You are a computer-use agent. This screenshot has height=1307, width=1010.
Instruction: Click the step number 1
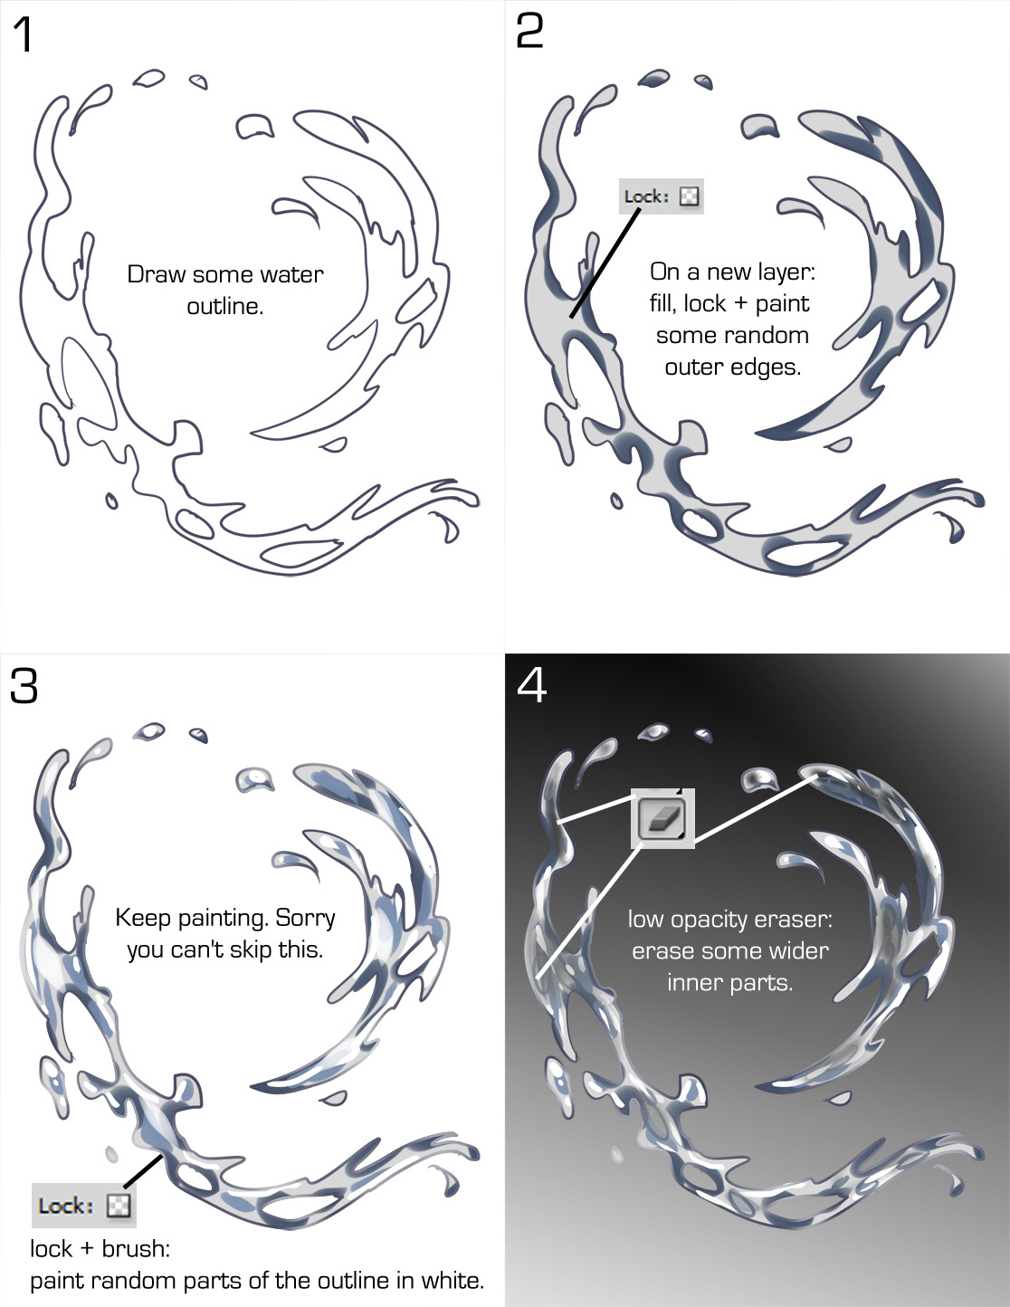[x=23, y=35]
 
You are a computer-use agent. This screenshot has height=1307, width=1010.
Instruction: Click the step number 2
[x=529, y=32]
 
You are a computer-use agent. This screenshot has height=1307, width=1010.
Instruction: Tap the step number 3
[x=24, y=686]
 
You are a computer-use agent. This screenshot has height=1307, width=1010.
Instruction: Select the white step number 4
[x=531, y=686]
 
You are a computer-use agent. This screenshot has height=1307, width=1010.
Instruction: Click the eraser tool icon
[x=662, y=818]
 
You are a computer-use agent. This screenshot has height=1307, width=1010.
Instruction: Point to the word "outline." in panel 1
[x=225, y=307]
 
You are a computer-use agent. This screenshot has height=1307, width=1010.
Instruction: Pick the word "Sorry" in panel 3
[x=305, y=919]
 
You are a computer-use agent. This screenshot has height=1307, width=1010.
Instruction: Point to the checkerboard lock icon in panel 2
[x=690, y=196]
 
